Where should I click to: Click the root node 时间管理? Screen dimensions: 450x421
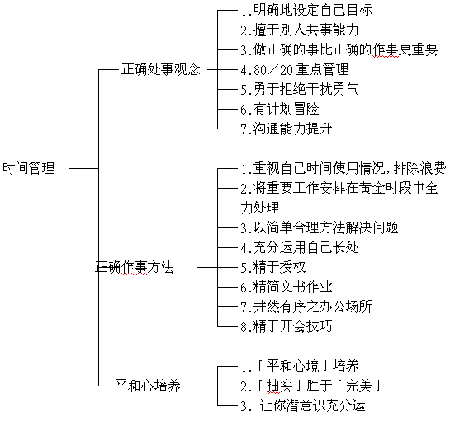(29, 168)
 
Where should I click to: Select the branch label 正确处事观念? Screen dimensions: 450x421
(161, 69)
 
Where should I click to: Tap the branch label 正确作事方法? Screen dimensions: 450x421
(135, 267)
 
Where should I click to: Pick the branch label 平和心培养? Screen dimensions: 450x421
(148, 386)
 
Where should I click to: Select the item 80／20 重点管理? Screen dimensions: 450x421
(295, 69)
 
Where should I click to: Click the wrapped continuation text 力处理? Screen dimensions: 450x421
(260, 208)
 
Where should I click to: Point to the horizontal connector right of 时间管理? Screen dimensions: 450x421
(83, 168)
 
